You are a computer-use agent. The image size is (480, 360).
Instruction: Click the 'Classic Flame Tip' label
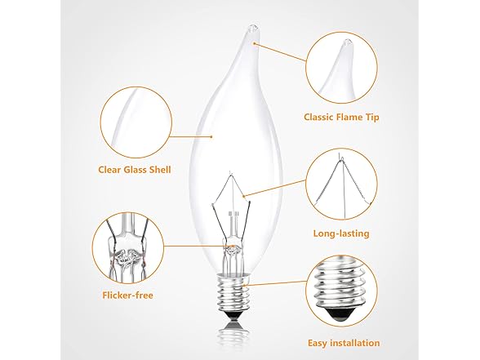341,118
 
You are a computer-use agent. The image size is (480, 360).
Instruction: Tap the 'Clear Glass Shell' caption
132,171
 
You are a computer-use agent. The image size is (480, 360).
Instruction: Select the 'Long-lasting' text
341,233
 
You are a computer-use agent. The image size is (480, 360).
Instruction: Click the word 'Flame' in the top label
346,118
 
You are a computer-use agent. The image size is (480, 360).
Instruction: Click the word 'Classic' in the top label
318,118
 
